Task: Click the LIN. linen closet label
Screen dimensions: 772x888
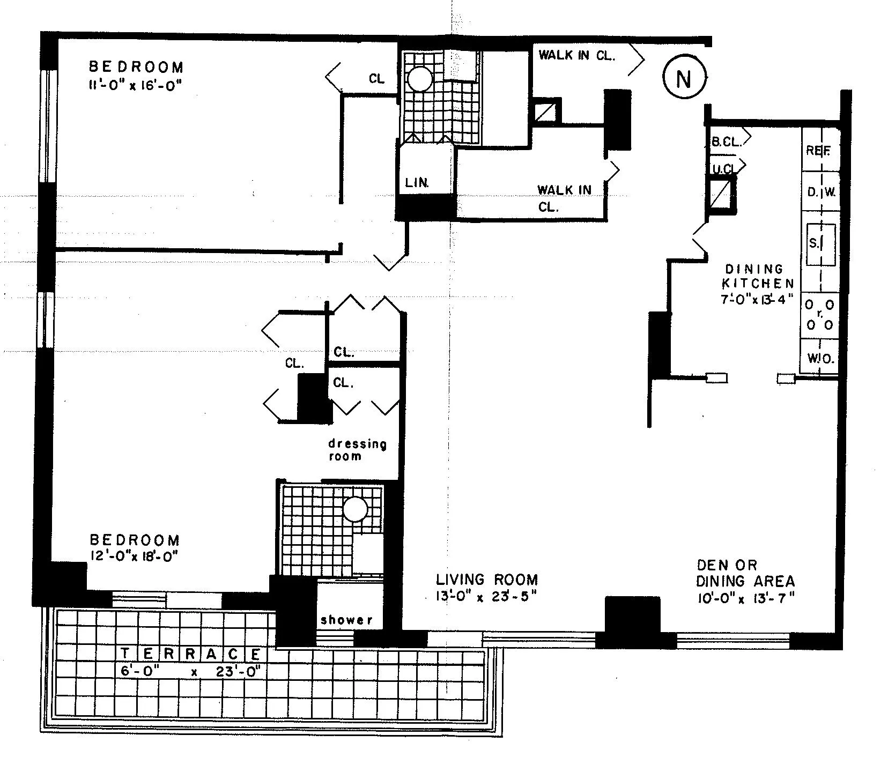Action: tap(417, 183)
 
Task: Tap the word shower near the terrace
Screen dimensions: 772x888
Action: tap(346, 620)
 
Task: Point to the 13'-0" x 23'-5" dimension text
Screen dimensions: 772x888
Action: tap(486, 597)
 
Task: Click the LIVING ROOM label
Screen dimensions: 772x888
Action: tap(486, 580)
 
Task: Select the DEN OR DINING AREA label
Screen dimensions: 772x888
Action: tap(745, 573)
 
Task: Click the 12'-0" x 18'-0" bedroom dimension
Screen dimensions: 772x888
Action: tap(134, 556)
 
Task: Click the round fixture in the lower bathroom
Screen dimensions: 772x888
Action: tap(355, 509)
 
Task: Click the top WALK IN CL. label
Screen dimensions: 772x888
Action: tap(576, 55)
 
